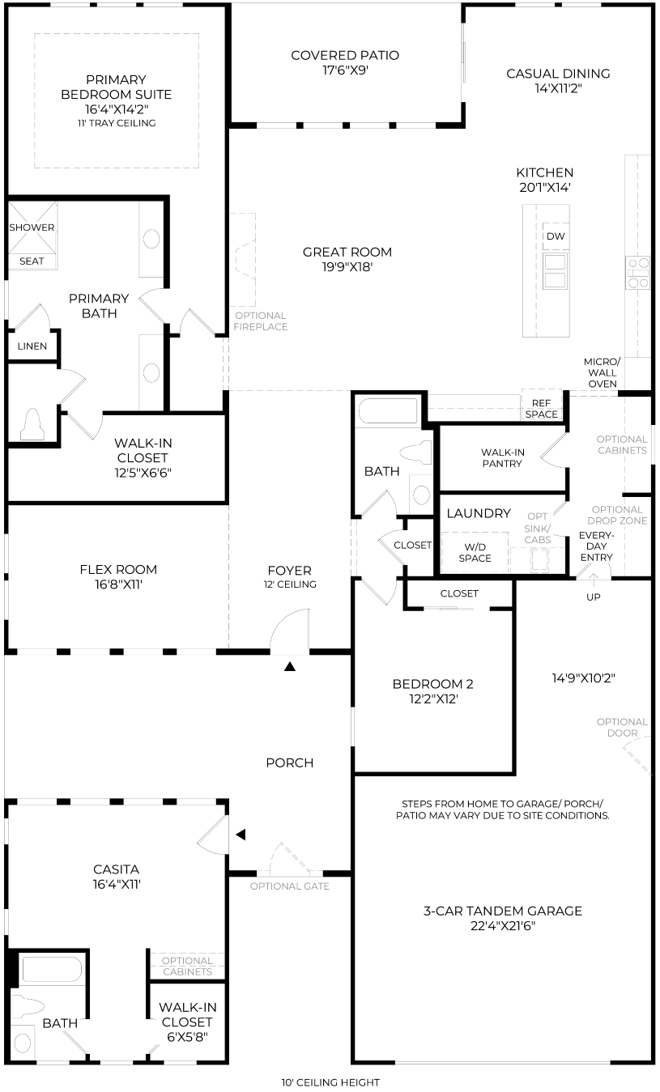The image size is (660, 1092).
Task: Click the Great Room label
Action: pos(347,253)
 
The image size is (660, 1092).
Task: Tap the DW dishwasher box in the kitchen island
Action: pos(555,236)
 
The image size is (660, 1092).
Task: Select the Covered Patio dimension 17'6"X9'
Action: pos(345,70)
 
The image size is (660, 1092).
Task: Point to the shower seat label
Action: pos(32,261)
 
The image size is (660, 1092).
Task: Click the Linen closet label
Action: pos(32,346)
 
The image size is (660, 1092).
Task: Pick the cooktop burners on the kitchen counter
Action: pos(638,273)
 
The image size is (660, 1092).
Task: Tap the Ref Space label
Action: pos(542,409)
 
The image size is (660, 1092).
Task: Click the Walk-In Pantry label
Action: pos(502,457)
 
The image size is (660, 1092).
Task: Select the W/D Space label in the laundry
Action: pos(475,552)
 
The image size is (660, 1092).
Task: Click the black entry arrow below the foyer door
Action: pos(290,666)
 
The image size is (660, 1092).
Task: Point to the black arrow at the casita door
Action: pos(241,835)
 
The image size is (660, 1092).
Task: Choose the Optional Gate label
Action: pos(290,886)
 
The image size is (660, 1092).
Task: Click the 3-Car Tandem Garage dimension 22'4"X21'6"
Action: pos(503,926)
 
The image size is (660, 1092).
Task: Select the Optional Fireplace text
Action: pos(261,321)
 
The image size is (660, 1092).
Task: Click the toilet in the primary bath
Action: pos(32,424)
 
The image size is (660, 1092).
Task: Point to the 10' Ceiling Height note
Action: pos(330,1083)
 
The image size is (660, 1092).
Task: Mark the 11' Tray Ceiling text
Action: pos(117,123)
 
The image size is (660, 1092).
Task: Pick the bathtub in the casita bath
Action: pos(52,969)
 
